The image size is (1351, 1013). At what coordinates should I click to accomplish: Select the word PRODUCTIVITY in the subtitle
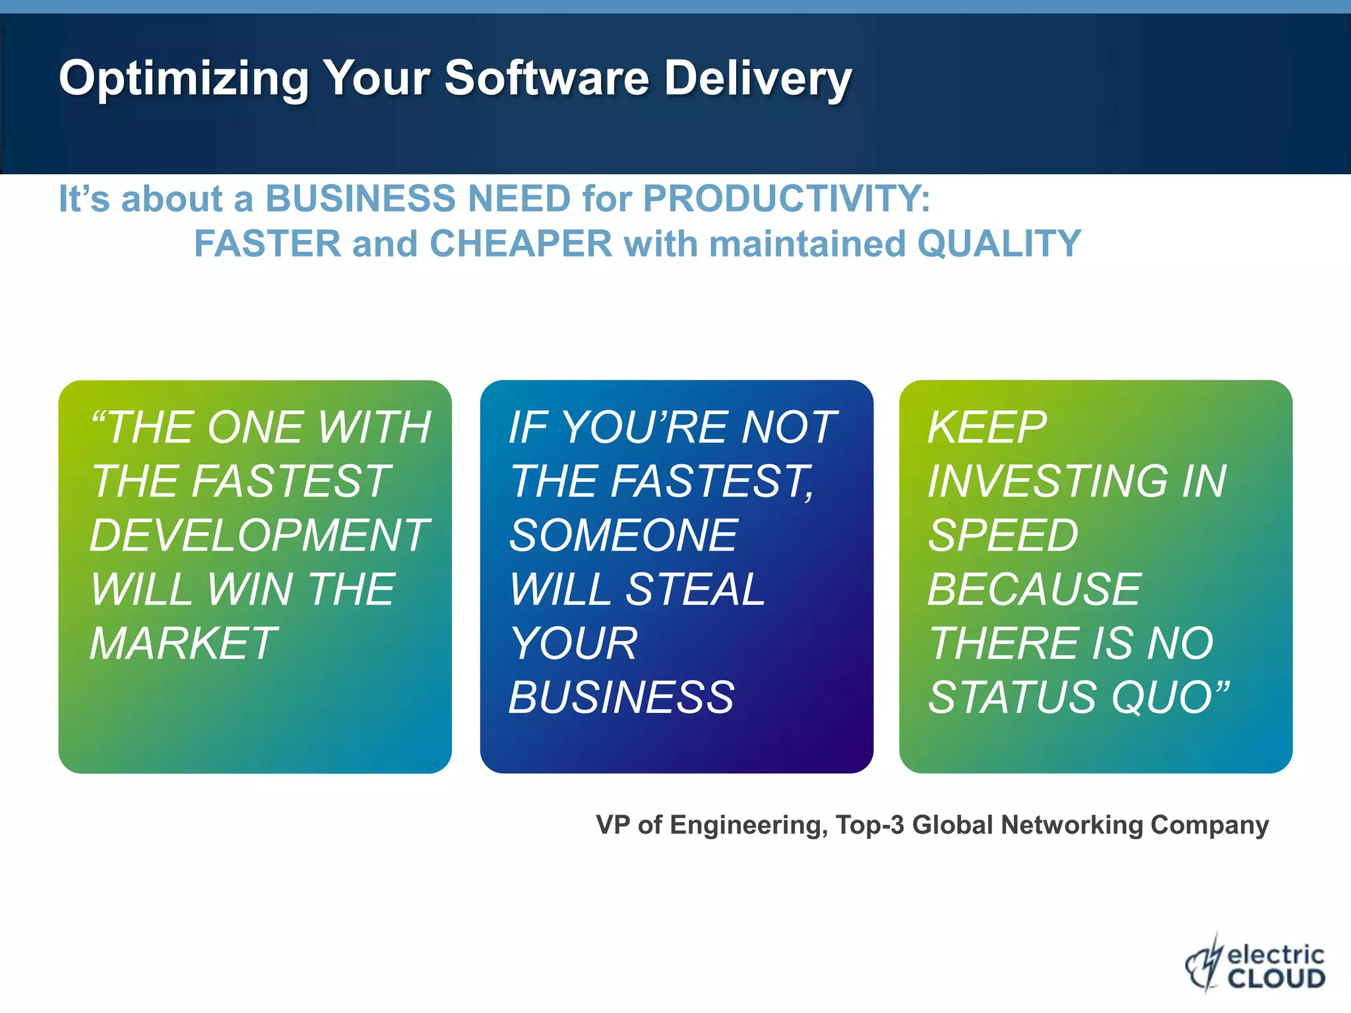[785, 199]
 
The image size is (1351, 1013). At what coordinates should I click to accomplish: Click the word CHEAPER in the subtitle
[521, 244]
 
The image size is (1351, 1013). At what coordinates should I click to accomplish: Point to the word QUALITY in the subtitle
[999, 244]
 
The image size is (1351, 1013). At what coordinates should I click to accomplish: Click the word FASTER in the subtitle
[267, 244]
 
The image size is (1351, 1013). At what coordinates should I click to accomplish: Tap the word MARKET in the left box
[183, 643]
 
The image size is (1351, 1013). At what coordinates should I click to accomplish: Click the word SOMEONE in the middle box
[623, 535]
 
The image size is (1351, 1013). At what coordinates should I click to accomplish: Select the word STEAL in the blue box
[695, 589]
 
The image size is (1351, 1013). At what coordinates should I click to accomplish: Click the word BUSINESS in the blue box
[621, 697]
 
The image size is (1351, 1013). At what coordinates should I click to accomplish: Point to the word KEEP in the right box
[987, 427]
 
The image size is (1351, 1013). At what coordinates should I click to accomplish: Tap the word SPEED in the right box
[1003, 535]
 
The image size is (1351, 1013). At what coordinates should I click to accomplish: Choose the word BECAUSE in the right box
[1034, 589]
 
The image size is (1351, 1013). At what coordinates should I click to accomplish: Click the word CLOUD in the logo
[1276, 978]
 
